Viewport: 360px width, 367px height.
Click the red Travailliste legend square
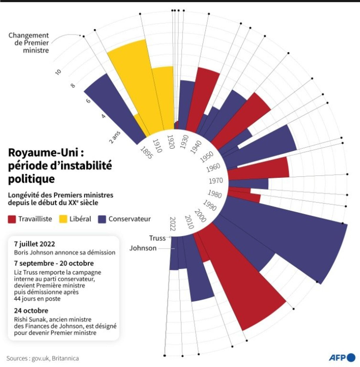12,219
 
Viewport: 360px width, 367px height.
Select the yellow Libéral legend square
63,219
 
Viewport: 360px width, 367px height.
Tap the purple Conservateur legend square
102,219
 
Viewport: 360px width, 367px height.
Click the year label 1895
146,153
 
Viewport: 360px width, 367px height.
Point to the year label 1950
207,157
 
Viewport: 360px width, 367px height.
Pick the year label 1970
216,181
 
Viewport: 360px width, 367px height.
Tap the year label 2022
173,224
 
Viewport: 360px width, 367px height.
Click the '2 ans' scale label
115,137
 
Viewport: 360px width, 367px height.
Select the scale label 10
58,72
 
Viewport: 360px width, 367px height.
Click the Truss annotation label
157,238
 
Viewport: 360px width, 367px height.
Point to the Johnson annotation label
143,248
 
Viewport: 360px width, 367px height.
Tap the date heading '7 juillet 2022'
34,244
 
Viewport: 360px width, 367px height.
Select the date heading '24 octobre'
31,311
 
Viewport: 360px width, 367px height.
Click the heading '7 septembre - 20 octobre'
54,263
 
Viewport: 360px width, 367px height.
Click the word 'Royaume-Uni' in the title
43,153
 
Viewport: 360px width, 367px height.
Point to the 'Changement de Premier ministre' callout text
29,43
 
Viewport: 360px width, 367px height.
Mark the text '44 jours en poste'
37,299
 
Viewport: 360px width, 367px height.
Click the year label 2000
200,216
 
